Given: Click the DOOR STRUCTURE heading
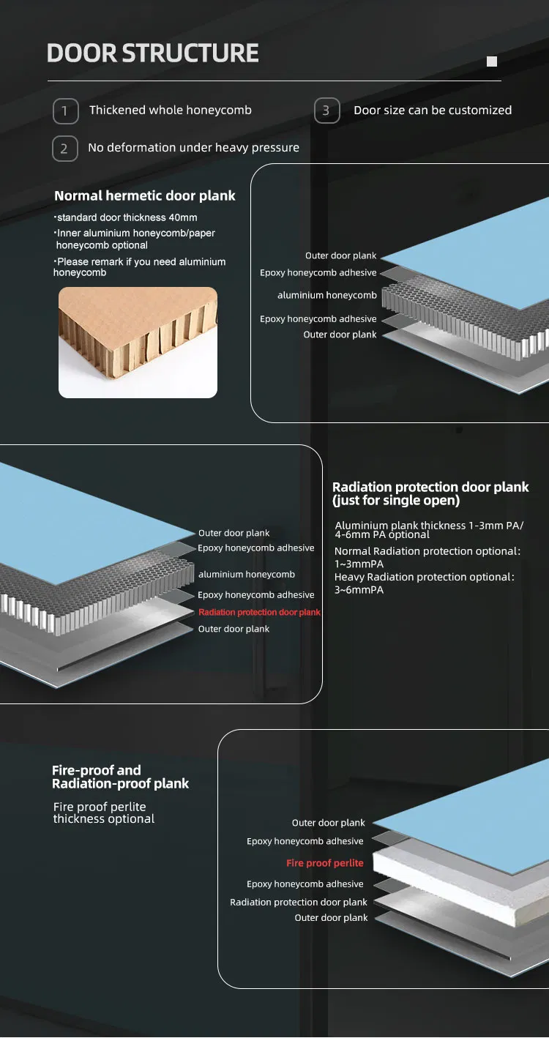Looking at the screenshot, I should tap(152, 53).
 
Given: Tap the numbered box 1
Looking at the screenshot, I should tap(64, 111).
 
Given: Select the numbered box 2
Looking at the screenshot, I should tap(64, 149).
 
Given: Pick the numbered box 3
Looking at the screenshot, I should tap(326, 111).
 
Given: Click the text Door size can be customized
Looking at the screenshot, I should tap(432, 111).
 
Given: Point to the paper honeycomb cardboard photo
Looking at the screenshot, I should tap(138, 342).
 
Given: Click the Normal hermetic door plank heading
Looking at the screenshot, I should tap(145, 195).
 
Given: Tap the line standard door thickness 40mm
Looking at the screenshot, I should tap(126, 217).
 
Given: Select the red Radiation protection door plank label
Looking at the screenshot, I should tap(259, 612).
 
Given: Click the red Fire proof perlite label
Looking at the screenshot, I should tap(324, 863).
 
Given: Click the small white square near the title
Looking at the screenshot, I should tap(492, 61).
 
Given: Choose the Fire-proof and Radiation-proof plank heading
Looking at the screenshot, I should tap(120, 777).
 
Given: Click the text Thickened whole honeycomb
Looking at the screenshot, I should tap(170, 111).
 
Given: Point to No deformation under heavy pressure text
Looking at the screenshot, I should tap(193, 148).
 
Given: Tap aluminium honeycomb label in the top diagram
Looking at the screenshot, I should tap(326, 295).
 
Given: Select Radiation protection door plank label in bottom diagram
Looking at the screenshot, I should tap(298, 902).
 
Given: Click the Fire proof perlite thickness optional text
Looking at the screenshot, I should tap(103, 813).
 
